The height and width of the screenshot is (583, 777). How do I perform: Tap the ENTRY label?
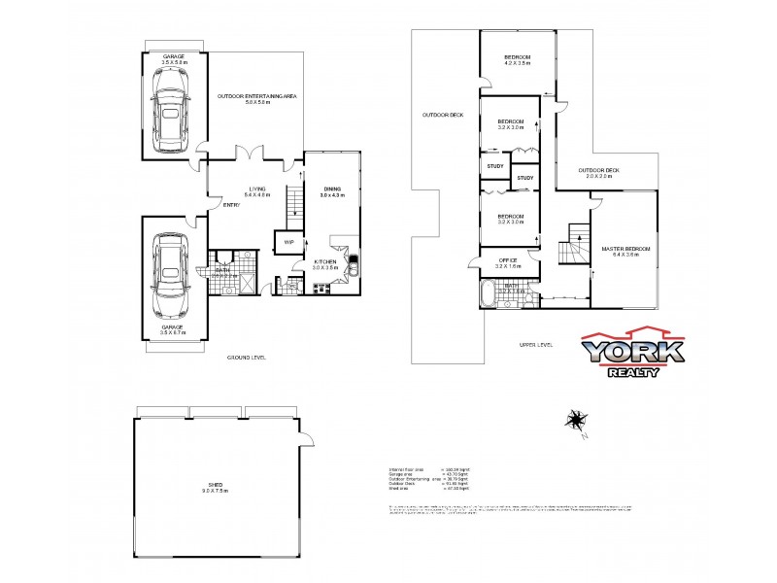(x=231, y=205)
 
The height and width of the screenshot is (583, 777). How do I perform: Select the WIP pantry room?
(x=289, y=242)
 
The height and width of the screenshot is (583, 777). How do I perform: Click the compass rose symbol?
(x=575, y=421)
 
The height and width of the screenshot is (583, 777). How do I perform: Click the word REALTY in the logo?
(x=633, y=372)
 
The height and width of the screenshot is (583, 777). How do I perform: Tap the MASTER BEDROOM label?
(x=625, y=250)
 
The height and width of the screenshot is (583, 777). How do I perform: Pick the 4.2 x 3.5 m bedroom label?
(x=517, y=60)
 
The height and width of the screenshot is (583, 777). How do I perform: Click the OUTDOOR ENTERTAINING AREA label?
(x=256, y=96)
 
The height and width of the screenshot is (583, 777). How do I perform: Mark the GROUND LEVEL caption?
(x=248, y=358)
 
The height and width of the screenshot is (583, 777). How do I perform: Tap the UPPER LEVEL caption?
(x=535, y=345)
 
